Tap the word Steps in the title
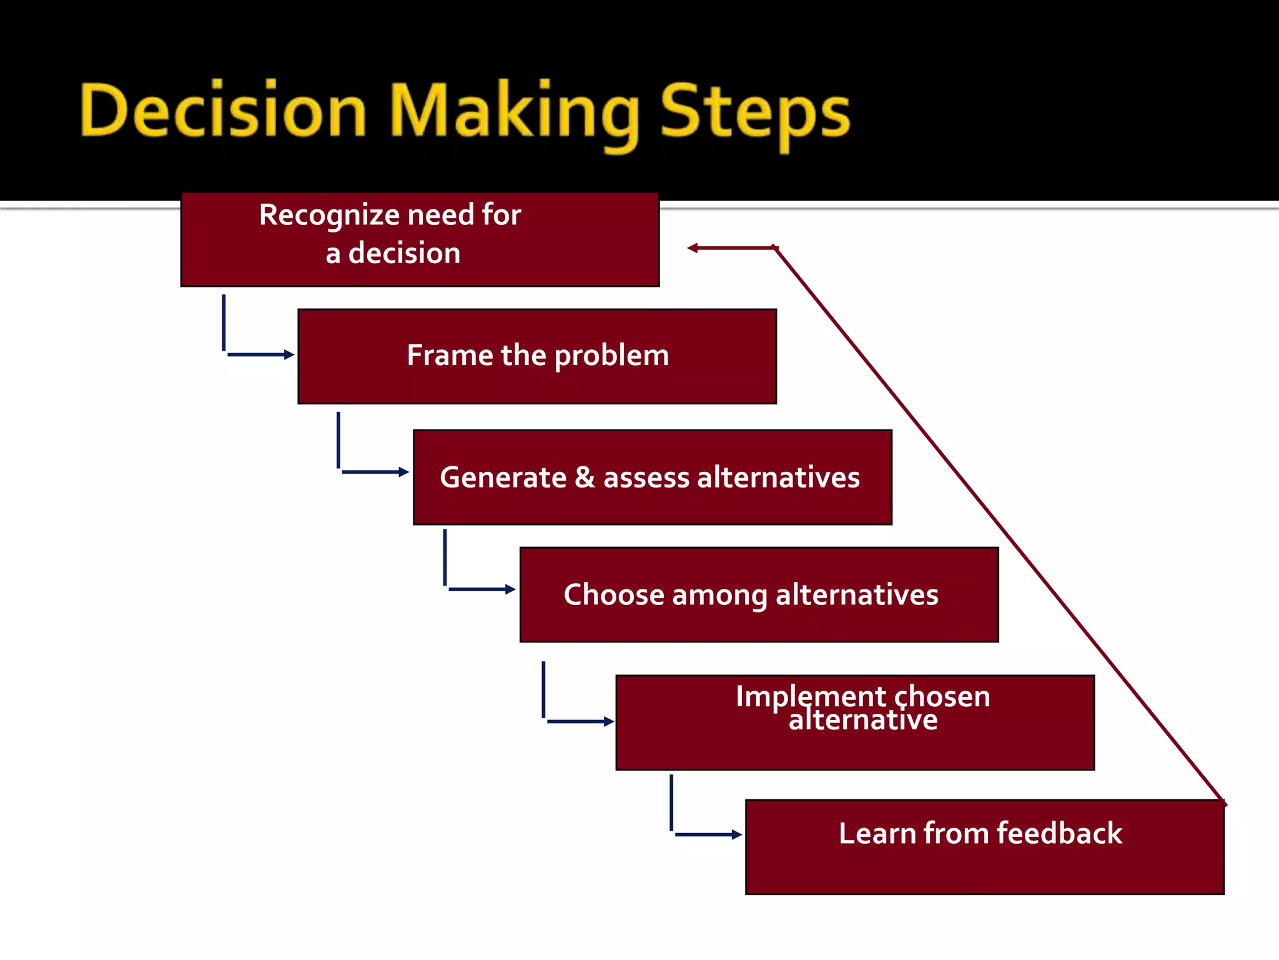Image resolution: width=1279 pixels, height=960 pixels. coord(755,112)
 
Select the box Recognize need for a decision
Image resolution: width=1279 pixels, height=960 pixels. coord(420,240)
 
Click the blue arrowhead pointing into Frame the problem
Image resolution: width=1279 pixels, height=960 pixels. coord(289,354)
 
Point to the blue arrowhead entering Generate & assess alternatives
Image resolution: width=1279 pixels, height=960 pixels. coord(404,472)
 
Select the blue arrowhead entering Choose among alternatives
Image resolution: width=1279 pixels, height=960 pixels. coord(510,589)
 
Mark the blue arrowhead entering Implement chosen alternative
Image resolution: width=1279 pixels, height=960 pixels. coord(609,721)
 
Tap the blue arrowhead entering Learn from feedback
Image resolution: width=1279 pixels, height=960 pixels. coord(737,834)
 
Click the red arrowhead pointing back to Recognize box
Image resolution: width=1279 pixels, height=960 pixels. coord(693,248)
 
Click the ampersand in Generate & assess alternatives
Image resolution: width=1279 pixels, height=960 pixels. coord(585,477)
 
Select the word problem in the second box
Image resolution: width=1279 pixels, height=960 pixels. coord(611,356)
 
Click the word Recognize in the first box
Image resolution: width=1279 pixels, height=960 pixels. coord(329,215)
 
